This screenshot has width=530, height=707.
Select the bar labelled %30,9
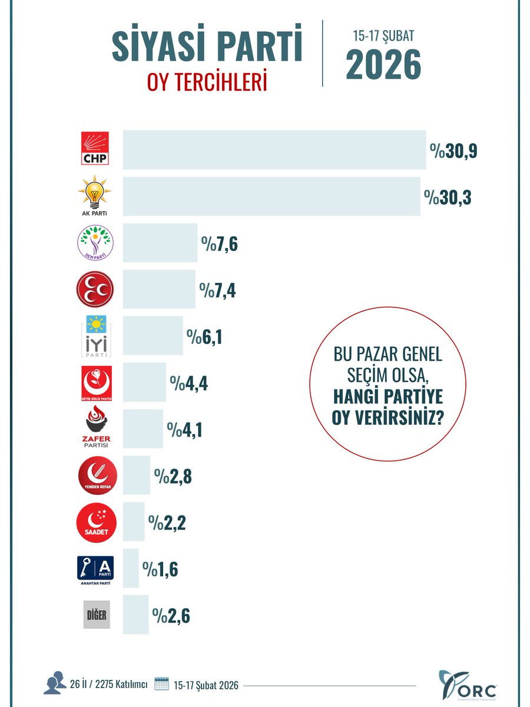274,150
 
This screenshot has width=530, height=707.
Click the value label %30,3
448,196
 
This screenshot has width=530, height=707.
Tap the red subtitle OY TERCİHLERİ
207,82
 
